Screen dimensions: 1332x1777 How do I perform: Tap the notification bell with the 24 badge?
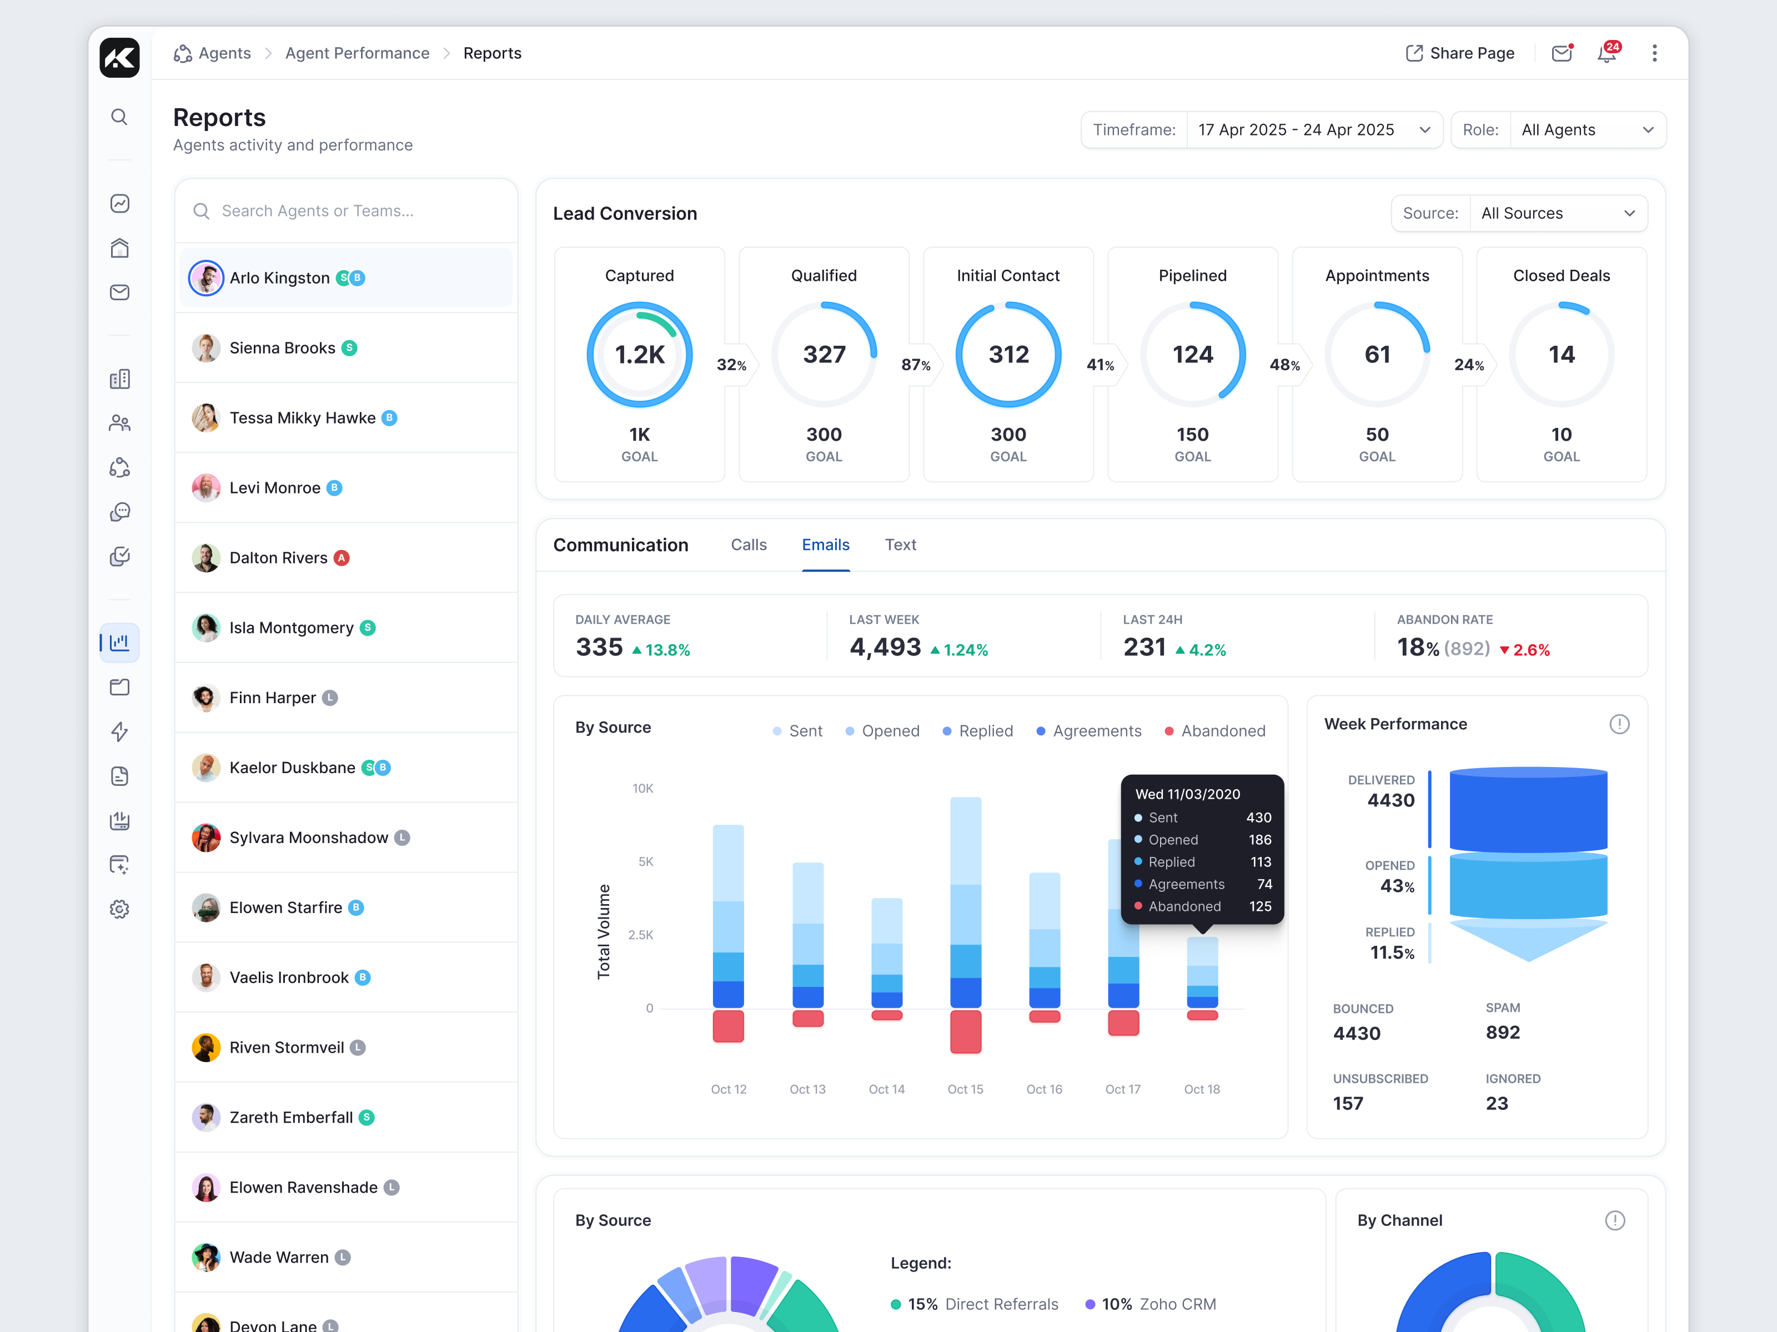coord(1606,54)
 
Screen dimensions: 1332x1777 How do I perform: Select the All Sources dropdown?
coord(1557,214)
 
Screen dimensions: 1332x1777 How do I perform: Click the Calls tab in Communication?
coord(748,545)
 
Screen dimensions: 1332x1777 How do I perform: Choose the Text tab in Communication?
coord(900,545)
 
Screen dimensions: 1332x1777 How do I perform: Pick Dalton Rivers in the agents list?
coord(278,558)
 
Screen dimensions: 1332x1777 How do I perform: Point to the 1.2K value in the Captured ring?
coord(640,355)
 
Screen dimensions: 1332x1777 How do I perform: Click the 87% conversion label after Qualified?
coord(915,365)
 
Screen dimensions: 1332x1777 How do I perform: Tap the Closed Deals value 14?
coord(1561,355)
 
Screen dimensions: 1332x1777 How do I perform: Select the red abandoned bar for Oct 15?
coord(965,1032)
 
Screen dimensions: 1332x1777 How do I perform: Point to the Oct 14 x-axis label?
coord(886,1089)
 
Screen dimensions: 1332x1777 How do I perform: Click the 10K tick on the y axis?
coord(642,789)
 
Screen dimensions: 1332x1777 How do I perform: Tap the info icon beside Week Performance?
coord(1619,725)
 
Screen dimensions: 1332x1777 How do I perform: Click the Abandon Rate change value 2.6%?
coord(1530,650)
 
